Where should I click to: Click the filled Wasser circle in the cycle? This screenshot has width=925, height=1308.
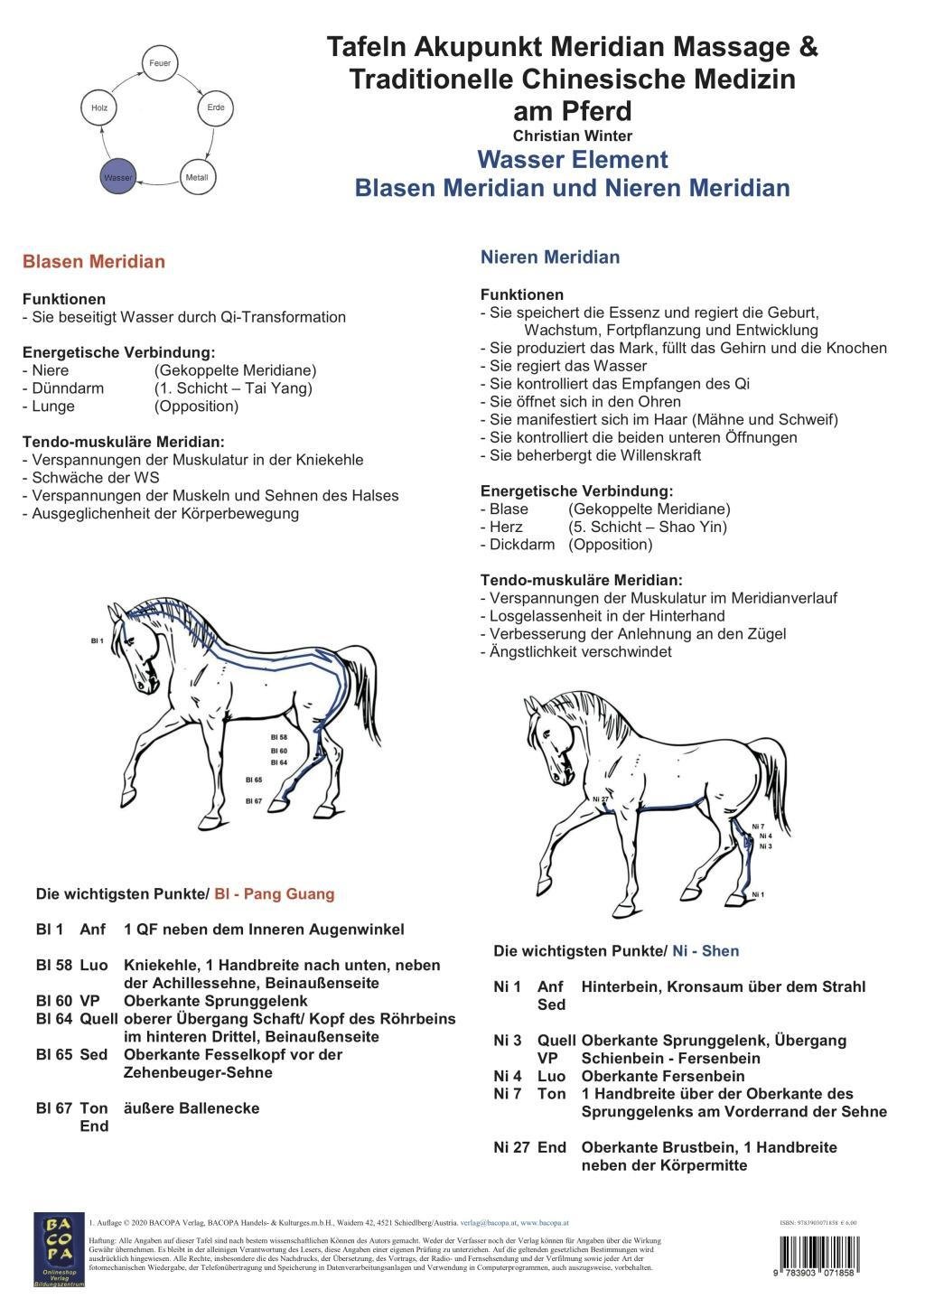[117, 177]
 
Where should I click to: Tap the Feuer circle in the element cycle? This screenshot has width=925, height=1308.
[160, 63]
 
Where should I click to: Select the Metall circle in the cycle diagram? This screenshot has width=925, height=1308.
[197, 177]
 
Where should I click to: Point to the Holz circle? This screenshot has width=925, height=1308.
[99, 107]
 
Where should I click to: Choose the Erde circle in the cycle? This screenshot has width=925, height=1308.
[216, 107]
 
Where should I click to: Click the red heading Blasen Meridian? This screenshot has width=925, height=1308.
[94, 262]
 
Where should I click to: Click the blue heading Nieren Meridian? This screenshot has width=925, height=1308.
[550, 257]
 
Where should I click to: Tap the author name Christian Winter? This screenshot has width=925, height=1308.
[573, 135]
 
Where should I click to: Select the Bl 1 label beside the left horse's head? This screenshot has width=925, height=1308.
[98, 640]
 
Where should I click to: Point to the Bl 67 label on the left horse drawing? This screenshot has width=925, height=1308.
[254, 800]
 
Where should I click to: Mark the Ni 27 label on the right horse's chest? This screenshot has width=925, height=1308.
[601, 799]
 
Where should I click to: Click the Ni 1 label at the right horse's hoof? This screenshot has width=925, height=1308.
[758, 894]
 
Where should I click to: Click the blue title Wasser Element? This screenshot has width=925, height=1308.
[573, 160]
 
